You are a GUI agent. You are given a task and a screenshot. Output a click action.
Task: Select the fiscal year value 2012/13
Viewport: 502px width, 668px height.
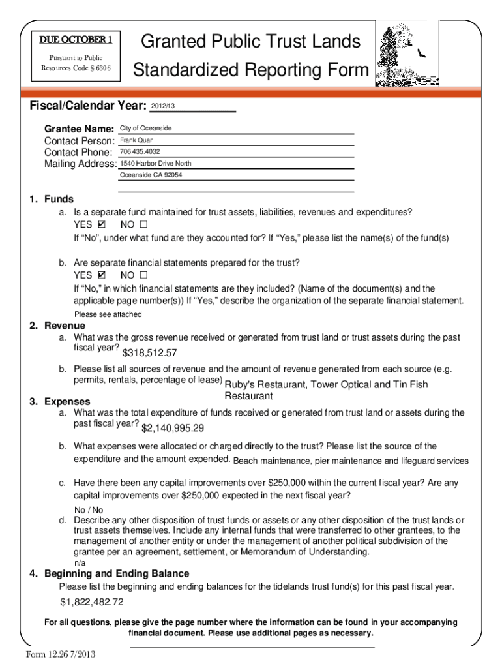point(164,106)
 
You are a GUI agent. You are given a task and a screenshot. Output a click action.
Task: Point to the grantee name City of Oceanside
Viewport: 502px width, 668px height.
point(145,128)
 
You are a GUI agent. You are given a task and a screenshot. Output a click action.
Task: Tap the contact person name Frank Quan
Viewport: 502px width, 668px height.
point(137,140)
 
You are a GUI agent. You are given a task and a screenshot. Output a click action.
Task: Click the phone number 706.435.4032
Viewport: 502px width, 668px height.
point(140,151)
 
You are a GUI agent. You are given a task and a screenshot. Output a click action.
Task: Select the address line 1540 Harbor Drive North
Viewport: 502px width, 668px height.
point(156,163)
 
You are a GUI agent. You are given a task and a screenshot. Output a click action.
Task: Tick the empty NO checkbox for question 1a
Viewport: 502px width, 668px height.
point(143,224)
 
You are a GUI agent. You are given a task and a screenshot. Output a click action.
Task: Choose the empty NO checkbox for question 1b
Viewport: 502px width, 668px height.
point(143,275)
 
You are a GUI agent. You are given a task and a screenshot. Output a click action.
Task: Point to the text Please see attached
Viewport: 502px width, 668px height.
point(108,314)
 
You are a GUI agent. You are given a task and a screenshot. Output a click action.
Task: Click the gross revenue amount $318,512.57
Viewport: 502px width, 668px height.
point(150,353)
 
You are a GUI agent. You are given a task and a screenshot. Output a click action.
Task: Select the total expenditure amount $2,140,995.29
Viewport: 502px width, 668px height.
point(173,428)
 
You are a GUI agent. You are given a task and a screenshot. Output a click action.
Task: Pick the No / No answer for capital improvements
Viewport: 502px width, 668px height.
point(89,509)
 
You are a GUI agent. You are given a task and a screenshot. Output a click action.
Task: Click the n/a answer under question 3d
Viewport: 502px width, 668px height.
point(79,562)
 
